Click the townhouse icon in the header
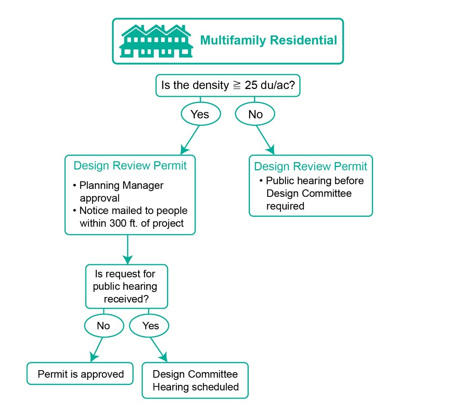click(156, 41)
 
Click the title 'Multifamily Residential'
click(268, 40)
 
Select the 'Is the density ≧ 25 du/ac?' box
click(228, 85)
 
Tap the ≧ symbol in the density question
click(237, 85)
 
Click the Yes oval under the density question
click(200, 114)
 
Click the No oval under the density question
click(255, 114)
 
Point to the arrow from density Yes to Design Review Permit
click(190, 139)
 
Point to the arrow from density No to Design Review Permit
click(265, 139)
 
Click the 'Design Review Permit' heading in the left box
click(130, 166)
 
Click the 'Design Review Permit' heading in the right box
click(311, 166)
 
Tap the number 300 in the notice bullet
click(118, 223)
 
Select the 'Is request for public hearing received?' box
click(126, 286)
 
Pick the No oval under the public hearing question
click(104, 326)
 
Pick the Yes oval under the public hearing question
click(150, 326)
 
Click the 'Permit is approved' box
click(80, 374)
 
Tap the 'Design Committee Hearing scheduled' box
click(195, 380)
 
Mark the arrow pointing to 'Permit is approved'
click(97, 349)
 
